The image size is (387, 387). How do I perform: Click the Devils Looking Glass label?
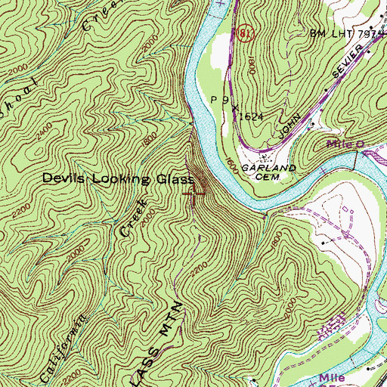[117, 179]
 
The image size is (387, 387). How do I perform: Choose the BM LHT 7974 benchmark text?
[347, 34]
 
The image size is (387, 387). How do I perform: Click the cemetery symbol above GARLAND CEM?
[265, 158]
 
